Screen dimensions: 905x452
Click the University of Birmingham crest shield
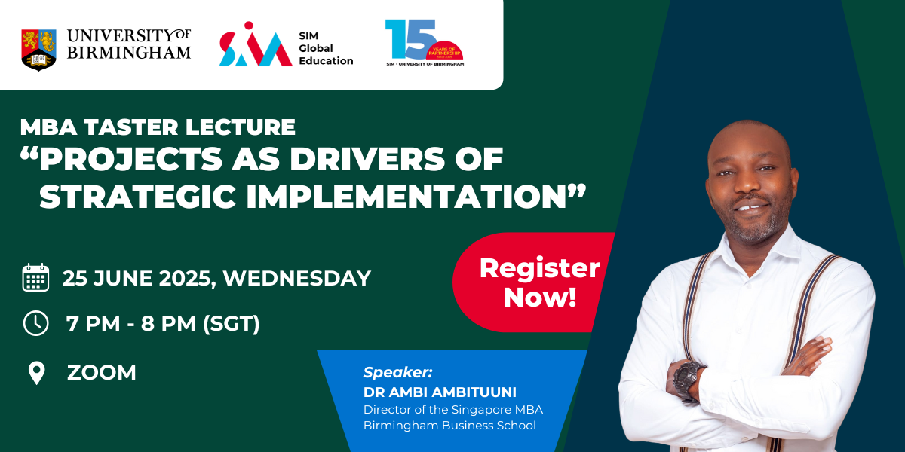click(x=38, y=50)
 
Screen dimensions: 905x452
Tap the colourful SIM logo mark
click(x=256, y=44)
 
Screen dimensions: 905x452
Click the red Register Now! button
click(x=533, y=282)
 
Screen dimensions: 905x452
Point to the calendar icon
click(x=35, y=277)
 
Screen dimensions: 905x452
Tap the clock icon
click(x=36, y=323)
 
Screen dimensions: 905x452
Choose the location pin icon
click(x=36, y=373)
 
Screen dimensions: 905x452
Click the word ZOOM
click(x=101, y=372)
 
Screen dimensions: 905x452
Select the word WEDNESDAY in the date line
click(x=297, y=278)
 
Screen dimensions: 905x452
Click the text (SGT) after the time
click(x=231, y=324)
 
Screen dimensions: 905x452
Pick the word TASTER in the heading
click(x=131, y=127)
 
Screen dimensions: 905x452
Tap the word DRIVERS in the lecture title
click(x=367, y=159)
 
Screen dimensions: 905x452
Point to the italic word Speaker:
click(x=397, y=372)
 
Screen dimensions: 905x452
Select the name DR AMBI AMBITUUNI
click(x=440, y=392)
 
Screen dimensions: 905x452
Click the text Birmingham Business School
click(x=449, y=426)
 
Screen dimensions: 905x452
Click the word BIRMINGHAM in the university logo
click(x=129, y=53)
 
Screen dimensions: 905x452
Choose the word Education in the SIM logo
click(x=326, y=61)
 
